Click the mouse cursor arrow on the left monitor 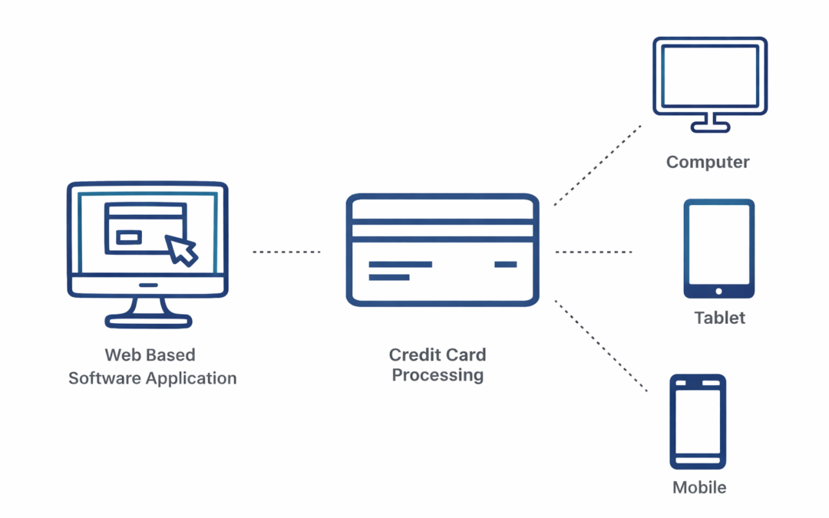click(x=182, y=249)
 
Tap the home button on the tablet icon click(x=718, y=291)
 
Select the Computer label click(x=708, y=162)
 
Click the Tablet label click(x=719, y=318)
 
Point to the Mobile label click(x=699, y=487)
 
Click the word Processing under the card click(x=438, y=375)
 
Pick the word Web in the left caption click(x=122, y=355)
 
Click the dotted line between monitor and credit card click(x=286, y=252)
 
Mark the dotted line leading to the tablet click(x=593, y=252)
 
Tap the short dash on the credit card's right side click(x=505, y=265)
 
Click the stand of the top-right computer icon click(x=710, y=123)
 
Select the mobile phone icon click(x=697, y=421)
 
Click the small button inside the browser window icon click(x=128, y=237)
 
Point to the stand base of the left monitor click(x=147, y=321)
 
